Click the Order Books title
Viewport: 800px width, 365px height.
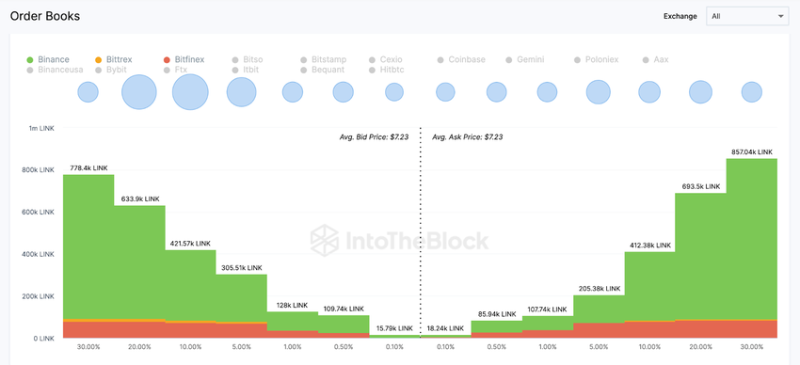tap(45, 16)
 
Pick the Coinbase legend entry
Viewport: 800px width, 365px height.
tap(461, 59)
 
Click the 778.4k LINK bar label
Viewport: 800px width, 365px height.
tap(88, 167)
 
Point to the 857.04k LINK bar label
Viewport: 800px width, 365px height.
tap(752, 151)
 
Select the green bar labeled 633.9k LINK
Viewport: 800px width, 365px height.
tap(139, 263)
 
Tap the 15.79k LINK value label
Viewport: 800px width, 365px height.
tap(394, 327)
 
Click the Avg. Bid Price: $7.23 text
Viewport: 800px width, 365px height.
tap(374, 137)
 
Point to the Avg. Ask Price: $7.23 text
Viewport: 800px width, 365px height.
tap(467, 137)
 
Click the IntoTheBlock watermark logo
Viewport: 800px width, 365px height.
tap(400, 241)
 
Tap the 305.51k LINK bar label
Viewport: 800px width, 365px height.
tap(241, 267)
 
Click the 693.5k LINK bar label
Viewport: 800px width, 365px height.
tap(701, 185)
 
